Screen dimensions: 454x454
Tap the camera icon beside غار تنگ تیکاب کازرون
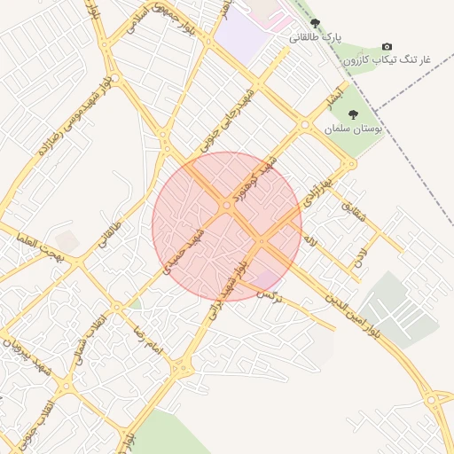[386, 46]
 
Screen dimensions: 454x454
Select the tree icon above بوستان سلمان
[353, 114]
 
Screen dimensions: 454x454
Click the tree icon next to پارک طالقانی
[316, 24]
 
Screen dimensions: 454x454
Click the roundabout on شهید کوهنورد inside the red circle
[227, 206]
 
